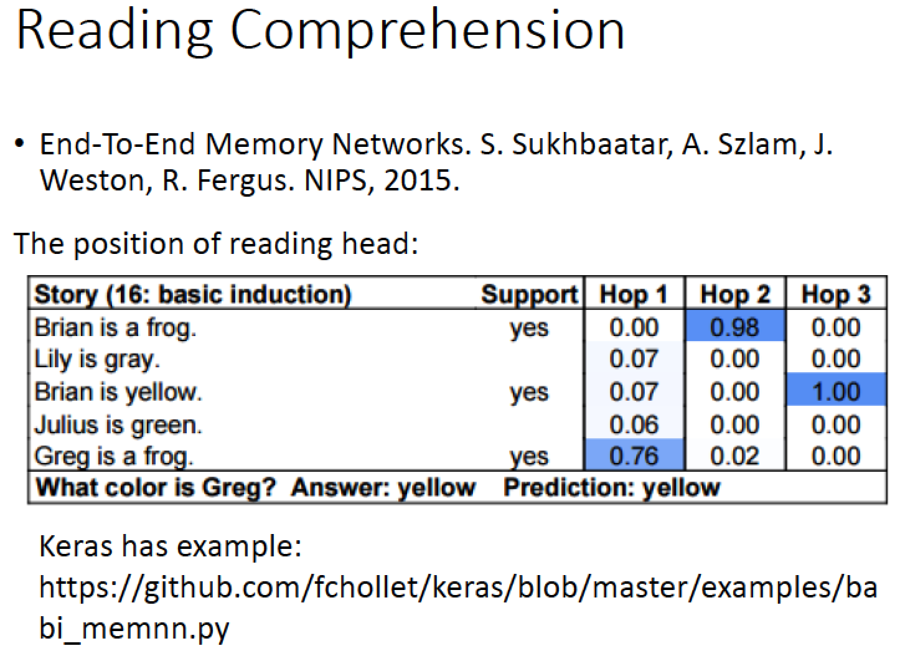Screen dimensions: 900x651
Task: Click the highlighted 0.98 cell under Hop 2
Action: coord(735,327)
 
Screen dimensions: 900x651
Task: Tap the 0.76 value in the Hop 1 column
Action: coord(634,456)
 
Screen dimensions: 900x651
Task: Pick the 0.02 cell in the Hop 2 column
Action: coord(735,456)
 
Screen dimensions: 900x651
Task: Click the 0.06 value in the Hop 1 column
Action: coord(634,424)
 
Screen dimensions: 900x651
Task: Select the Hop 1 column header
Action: coord(633,294)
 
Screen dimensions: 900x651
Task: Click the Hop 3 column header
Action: coord(836,294)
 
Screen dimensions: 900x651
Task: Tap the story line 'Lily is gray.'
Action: coord(97,359)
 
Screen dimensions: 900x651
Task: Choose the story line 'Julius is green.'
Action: coord(118,424)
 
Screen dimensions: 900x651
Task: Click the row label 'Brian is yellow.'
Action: coord(118,392)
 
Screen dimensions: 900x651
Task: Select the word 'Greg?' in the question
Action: coord(238,489)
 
